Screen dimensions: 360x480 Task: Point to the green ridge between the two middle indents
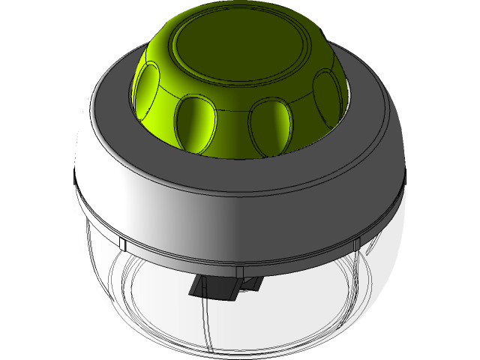233,131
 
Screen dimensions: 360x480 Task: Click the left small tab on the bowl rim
122,244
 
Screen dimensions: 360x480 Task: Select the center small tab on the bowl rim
238,270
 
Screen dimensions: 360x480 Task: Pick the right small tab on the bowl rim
358,243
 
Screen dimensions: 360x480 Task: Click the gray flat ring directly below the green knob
240,169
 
